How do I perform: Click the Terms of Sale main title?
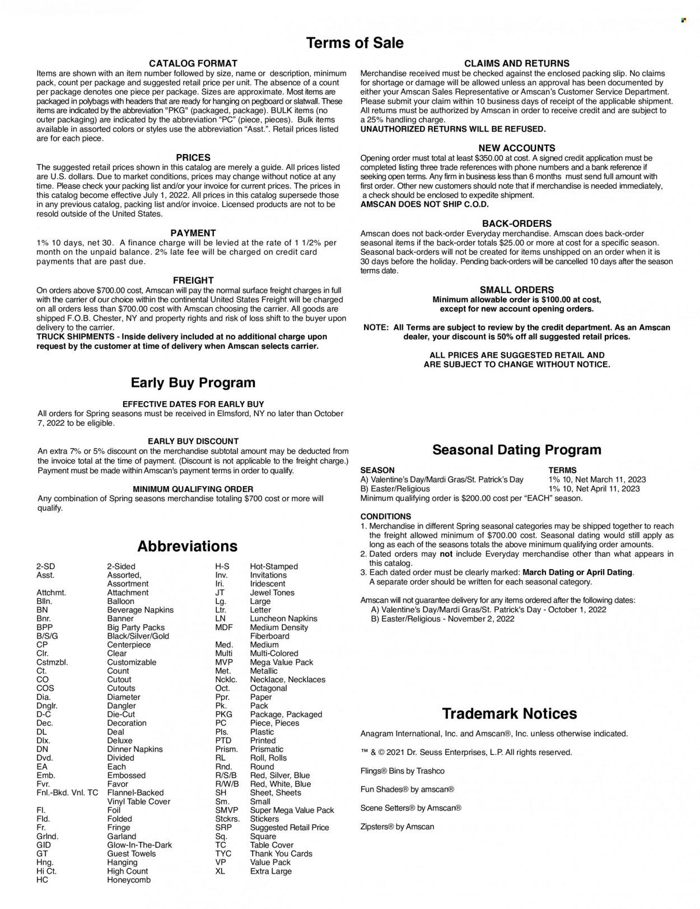point(355,43)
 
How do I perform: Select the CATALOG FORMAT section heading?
point(193,64)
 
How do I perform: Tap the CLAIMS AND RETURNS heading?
point(516,64)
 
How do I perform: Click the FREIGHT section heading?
point(194,280)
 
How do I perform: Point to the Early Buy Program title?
point(193,383)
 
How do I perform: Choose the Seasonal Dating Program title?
point(516,450)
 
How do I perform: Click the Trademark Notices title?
point(509,714)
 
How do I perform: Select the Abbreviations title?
point(188,546)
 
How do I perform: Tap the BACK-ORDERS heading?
point(516,223)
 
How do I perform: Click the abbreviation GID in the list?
point(44,845)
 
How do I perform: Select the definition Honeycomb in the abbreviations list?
point(129,879)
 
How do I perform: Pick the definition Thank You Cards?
point(281,854)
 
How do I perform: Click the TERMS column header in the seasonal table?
point(562,470)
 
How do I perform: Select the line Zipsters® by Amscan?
point(397,827)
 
